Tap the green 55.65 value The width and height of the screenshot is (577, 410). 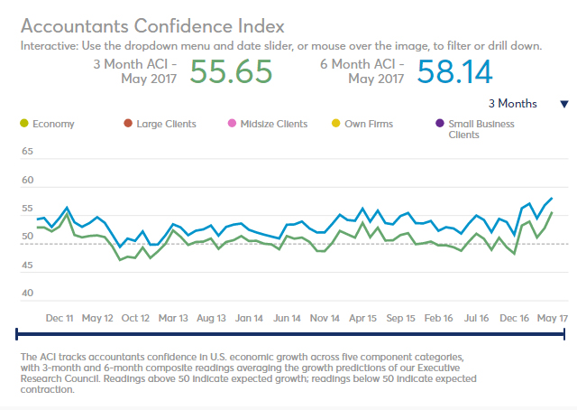pos(231,72)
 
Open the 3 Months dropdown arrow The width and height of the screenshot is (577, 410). pos(564,104)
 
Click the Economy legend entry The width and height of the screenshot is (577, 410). pos(53,124)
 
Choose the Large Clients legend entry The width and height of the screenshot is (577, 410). pos(166,124)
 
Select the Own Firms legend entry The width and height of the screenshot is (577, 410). pos(368,124)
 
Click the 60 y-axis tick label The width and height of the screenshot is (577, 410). pos(27,181)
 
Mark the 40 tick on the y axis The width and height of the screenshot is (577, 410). pos(27,293)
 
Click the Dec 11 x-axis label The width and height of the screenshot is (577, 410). pos(60,318)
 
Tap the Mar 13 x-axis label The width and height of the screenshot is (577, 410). pos(172,318)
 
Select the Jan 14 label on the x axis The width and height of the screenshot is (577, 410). pos(248,318)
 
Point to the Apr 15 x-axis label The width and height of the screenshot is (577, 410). pos(362,318)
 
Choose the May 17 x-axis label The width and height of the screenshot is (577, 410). pos(552,318)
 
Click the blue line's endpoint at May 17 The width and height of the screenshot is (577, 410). pos(552,198)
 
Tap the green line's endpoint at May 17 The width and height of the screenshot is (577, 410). pos(552,213)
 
